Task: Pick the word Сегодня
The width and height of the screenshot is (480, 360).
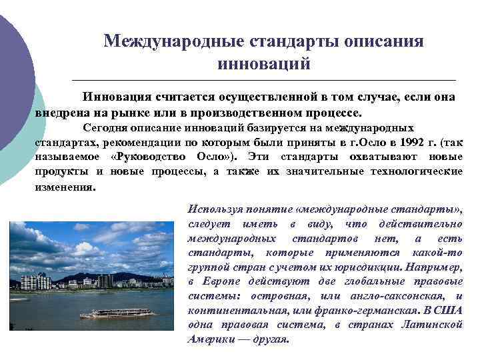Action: [105, 127]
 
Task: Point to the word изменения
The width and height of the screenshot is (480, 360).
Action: [65, 187]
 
